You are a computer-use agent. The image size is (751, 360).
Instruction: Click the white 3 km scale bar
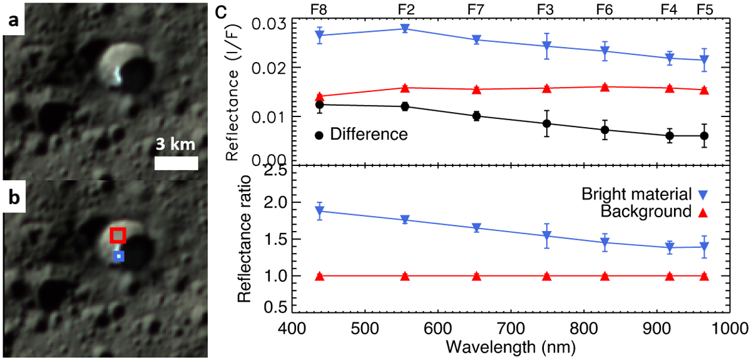pos(176,163)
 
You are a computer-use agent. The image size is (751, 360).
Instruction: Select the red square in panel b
pos(118,235)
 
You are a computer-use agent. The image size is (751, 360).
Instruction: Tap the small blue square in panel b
pos(119,256)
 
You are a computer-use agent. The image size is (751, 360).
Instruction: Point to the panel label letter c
pos(220,11)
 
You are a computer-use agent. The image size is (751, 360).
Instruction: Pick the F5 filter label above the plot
pos(705,9)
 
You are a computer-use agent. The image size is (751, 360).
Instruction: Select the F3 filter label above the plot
pos(546,9)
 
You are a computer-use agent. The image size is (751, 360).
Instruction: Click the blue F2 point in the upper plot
pos(405,28)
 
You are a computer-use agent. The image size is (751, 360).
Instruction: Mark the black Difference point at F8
pos(319,105)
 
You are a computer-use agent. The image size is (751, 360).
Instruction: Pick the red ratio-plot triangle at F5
pos(704,276)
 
